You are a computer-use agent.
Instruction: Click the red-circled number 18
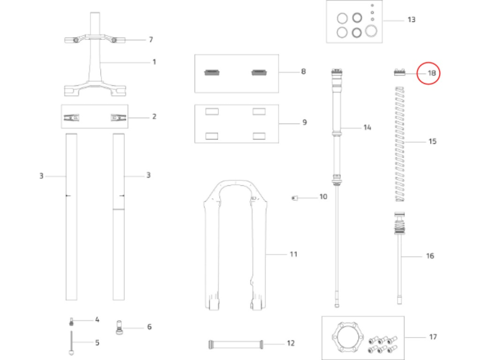[432, 73]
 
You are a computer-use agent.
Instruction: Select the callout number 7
[151, 39]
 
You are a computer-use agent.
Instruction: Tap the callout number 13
[411, 20]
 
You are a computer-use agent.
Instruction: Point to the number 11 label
[293, 253]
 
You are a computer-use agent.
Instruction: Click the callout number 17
[432, 337]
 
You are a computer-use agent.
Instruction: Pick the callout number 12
[290, 343]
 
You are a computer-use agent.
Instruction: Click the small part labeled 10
[296, 198]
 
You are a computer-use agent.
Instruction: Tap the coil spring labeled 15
[399, 143]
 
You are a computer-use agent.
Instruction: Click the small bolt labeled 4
[71, 321]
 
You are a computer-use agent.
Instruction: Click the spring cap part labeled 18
[399, 72]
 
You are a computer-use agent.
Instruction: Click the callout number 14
[367, 128]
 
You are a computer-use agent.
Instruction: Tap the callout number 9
[304, 122]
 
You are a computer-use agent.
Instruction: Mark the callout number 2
[154, 117]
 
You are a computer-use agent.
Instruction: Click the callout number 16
[430, 256]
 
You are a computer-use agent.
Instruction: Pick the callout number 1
[154, 62]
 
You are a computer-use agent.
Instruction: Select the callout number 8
[303, 72]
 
